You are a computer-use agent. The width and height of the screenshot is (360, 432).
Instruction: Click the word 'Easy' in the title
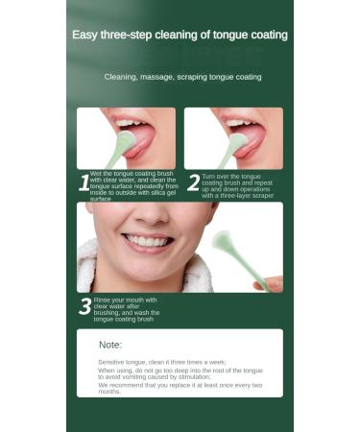[x=86, y=35]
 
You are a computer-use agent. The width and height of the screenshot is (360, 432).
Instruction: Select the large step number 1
[x=84, y=182]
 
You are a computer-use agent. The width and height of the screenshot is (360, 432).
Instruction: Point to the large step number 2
[x=193, y=182]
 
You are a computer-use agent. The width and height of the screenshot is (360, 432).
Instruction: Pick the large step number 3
[x=84, y=307]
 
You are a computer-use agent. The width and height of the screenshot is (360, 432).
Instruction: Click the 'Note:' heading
[x=110, y=344]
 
